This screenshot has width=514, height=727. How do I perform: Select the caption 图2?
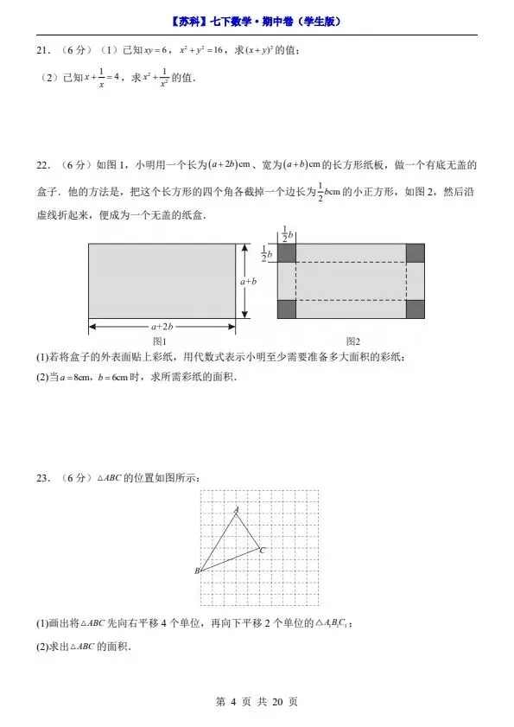(x=352, y=341)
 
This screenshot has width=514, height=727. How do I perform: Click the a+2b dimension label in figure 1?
(x=162, y=327)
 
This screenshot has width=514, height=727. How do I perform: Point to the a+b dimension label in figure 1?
(x=249, y=281)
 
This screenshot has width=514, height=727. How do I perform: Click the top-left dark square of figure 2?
(x=287, y=252)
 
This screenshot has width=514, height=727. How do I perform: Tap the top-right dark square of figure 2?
(x=416, y=252)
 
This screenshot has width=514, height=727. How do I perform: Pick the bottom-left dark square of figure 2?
(x=287, y=309)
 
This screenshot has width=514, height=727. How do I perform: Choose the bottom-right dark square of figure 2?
(x=416, y=309)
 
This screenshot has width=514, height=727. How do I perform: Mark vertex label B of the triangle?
(x=197, y=571)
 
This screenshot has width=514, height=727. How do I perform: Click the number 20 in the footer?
(x=277, y=702)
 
